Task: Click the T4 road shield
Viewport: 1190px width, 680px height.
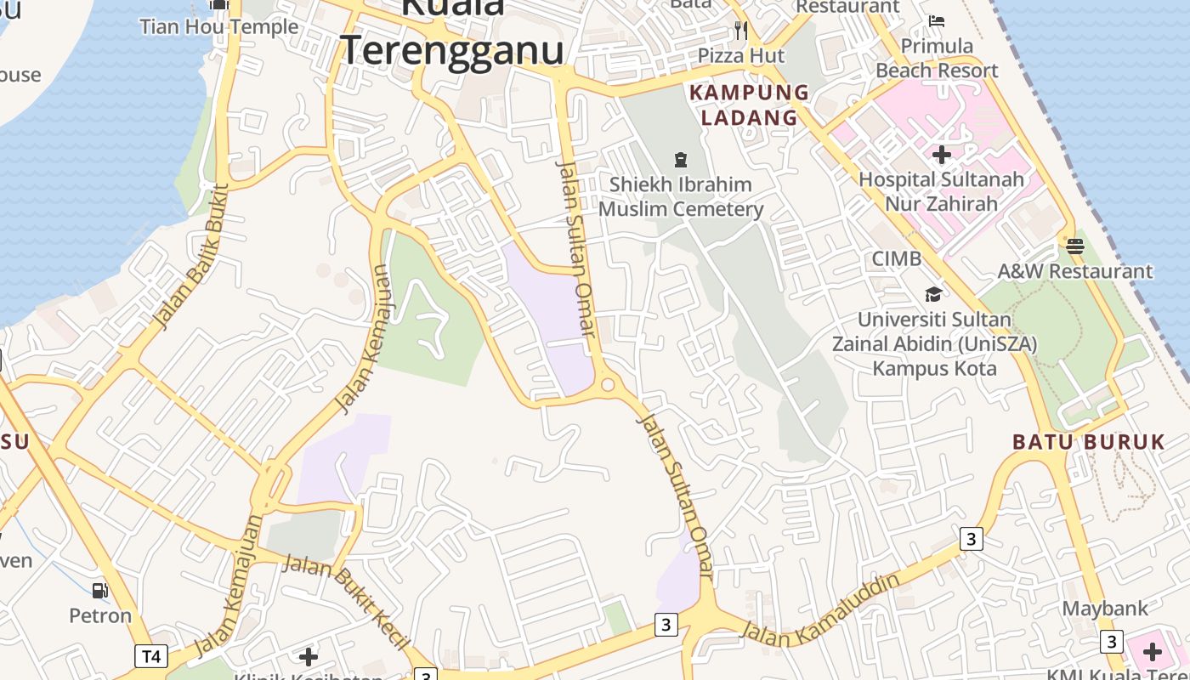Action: click(x=150, y=656)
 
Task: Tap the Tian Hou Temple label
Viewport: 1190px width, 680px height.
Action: click(x=218, y=26)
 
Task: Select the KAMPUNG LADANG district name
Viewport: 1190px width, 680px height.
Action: click(x=749, y=105)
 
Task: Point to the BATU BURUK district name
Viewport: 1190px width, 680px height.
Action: click(x=1088, y=442)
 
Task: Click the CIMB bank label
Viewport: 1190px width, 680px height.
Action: click(x=896, y=258)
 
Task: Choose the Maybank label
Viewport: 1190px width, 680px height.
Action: click(x=1105, y=609)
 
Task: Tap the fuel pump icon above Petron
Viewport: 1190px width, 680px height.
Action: click(x=100, y=590)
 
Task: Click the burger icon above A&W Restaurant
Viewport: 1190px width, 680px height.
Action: click(x=1074, y=246)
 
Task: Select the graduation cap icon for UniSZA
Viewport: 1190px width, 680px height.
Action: click(x=933, y=294)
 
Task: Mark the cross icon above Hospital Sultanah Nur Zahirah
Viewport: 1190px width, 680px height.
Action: click(x=941, y=155)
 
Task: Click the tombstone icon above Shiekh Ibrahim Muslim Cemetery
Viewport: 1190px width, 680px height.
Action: click(x=680, y=159)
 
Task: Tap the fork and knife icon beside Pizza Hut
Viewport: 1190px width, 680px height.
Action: click(x=740, y=31)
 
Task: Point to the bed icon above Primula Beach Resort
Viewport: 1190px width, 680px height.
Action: click(x=937, y=20)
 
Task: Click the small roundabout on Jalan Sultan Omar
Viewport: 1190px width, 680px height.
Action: click(x=607, y=385)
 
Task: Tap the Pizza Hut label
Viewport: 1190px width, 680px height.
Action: click(x=741, y=56)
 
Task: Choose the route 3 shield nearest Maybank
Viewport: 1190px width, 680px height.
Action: click(x=1111, y=641)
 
